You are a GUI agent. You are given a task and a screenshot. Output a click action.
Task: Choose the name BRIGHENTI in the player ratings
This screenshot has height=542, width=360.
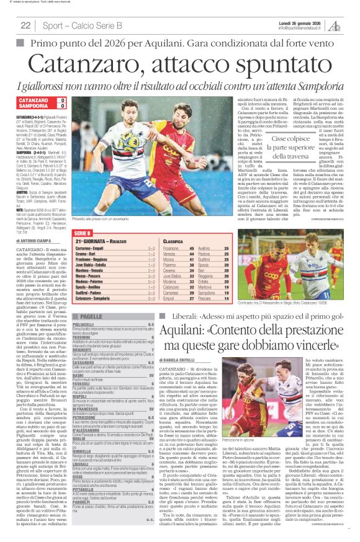point(84,332)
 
